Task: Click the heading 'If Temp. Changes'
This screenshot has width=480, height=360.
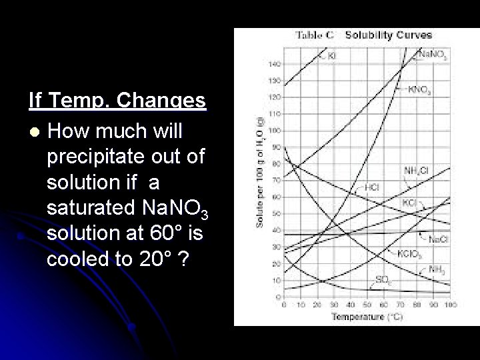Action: (117, 101)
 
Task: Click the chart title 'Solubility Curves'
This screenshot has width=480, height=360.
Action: (388, 35)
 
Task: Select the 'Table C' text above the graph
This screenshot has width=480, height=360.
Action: (315, 35)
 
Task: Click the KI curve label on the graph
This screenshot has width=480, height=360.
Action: (331, 57)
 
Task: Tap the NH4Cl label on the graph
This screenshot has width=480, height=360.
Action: (415, 171)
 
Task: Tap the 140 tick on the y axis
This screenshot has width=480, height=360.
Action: (275, 64)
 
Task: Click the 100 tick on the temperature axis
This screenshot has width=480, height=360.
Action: (451, 305)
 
